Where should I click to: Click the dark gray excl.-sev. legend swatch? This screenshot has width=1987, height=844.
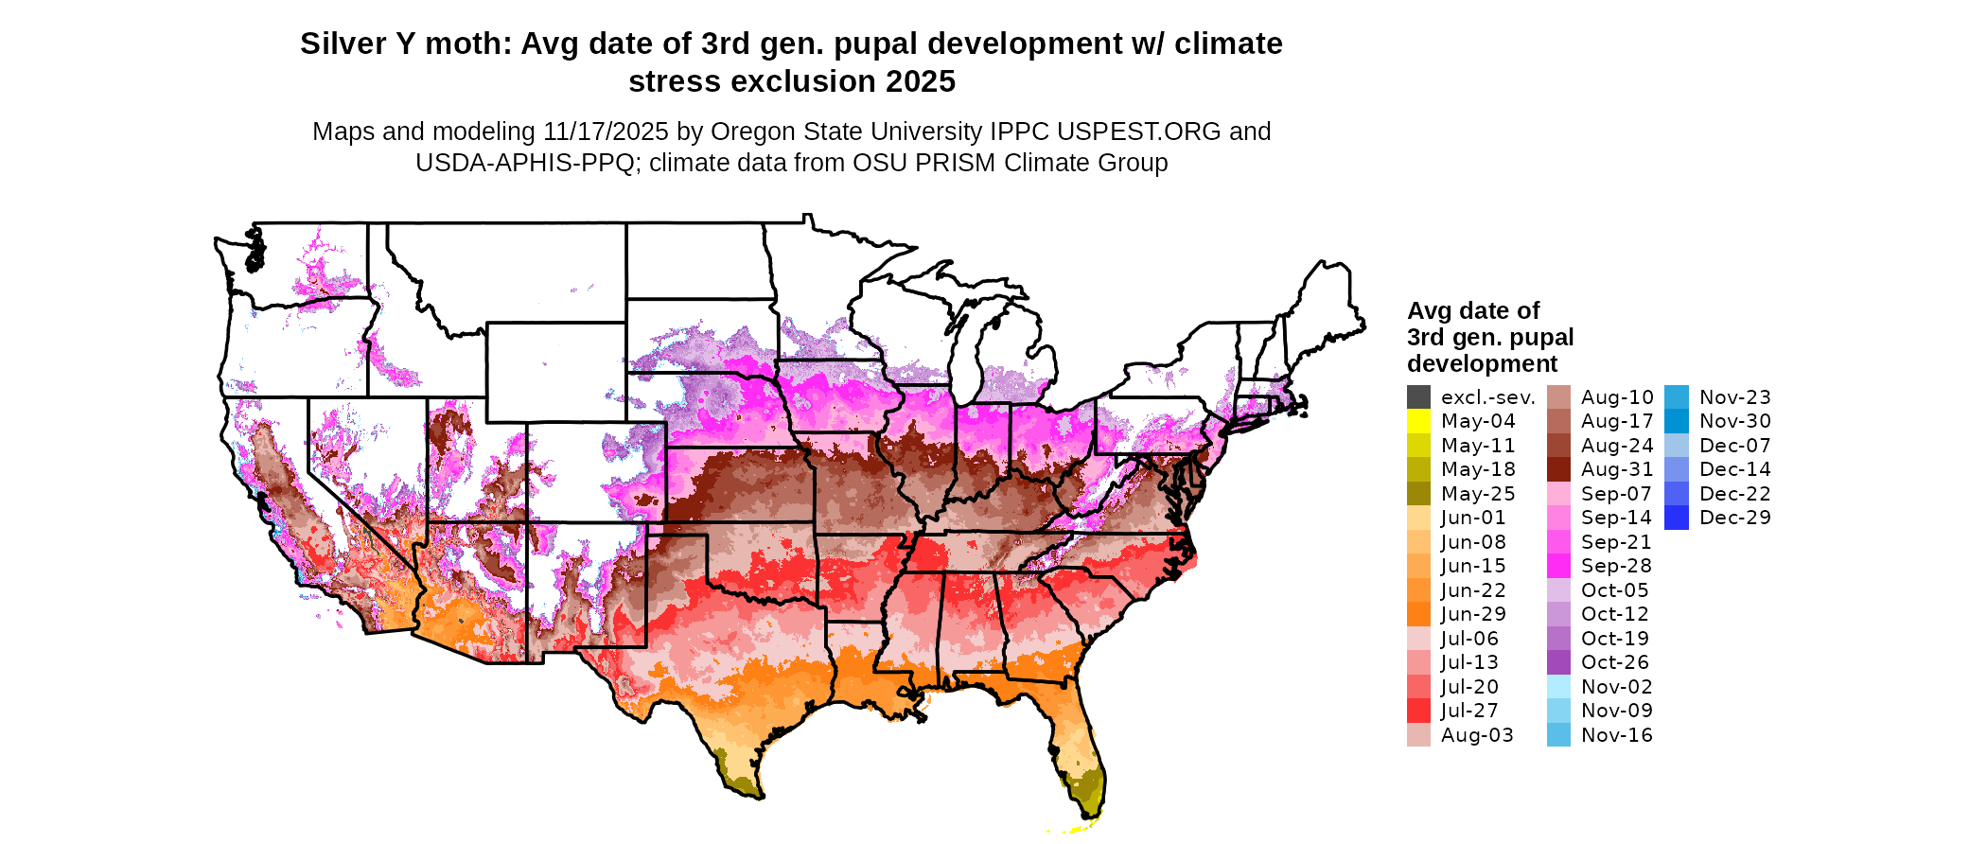pos(1418,397)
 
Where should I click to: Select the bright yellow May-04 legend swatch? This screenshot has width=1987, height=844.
pos(1418,421)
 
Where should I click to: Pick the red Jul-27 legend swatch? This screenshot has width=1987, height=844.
pos(1418,711)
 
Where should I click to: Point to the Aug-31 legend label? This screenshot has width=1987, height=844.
pos(1617,469)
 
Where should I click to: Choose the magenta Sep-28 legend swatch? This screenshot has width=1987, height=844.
pos(1558,566)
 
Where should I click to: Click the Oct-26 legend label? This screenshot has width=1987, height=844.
pos(1614,662)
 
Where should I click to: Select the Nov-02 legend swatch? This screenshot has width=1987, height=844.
pos(1558,687)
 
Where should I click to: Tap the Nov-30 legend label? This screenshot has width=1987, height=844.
pos(1734,421)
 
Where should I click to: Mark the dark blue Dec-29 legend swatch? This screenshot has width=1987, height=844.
pos(1676,518)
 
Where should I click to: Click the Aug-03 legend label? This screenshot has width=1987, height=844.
pos(1477,735)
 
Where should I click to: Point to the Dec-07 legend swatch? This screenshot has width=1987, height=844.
pos(1676,446)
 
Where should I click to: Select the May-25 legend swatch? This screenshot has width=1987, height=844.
pos(1418,494)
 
